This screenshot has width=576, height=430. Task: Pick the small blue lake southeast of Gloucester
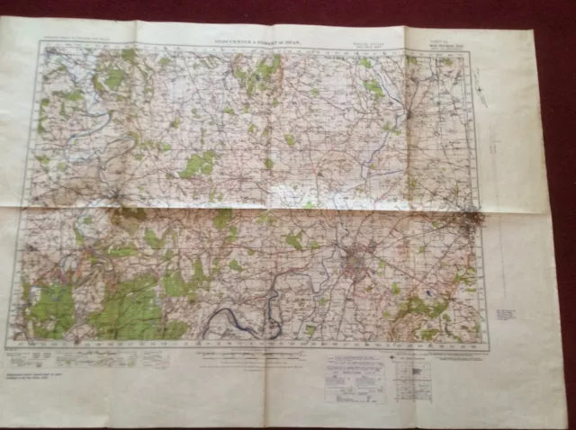click(429, 294)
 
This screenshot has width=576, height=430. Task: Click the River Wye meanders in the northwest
click(72, 126)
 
